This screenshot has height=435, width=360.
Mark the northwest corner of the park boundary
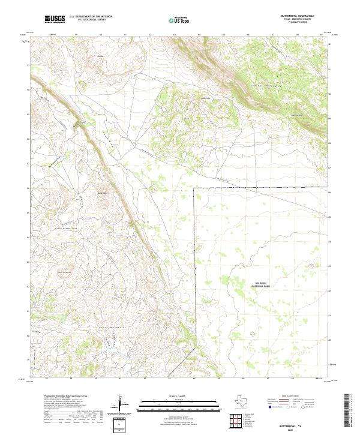pos(194,187)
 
